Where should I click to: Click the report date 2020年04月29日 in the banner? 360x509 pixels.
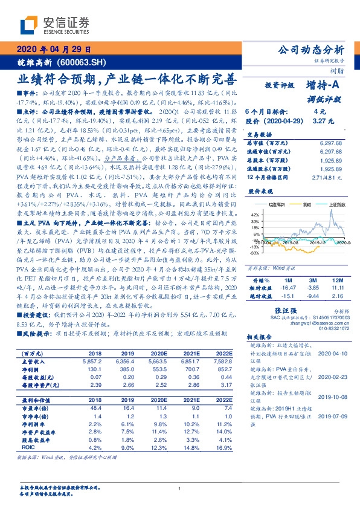[54, 49]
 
